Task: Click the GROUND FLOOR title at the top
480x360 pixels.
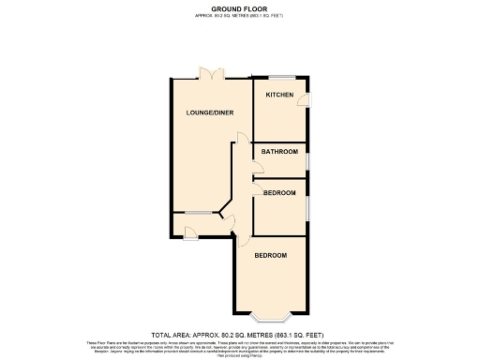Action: (x=239, y=8)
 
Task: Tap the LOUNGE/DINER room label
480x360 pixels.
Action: (x=210, y=113)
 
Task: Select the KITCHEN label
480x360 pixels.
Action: (x=279, y=96)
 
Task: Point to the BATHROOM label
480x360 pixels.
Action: (x=279, y=152)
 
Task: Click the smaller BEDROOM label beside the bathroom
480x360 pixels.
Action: (x=279, y=193)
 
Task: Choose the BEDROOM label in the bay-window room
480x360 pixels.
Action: (x=270, y=255)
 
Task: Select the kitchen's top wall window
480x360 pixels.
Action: (x=280, y=77)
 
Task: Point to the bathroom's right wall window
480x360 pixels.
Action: (x=307, y=159)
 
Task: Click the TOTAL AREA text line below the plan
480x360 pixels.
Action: (x=239, y=335)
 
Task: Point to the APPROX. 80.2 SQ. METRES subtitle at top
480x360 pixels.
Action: (x=239, y=16)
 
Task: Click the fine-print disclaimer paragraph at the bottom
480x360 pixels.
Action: (x=239, y=347)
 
